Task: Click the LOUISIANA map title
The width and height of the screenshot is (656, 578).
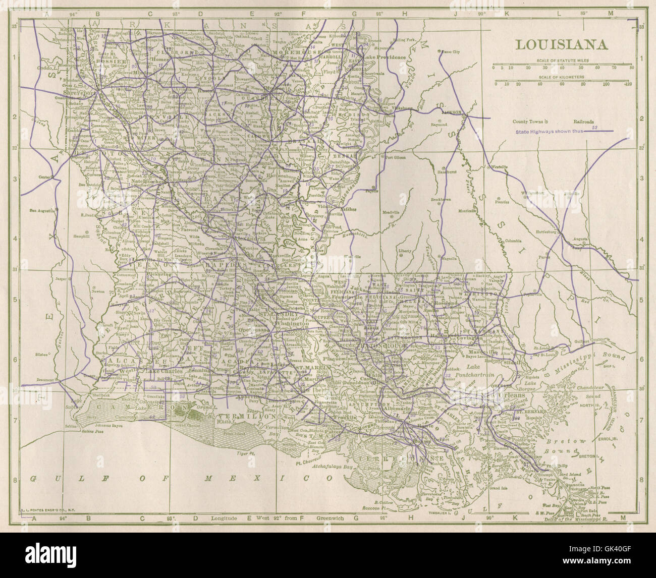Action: coord(561,44)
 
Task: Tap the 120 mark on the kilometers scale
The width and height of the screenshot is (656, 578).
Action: coord(628,84)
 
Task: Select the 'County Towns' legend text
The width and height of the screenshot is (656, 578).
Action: coord(528,122)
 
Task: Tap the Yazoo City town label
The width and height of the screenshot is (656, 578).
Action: coord(449,52)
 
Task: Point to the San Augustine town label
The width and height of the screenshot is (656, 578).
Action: coord(41,210)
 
